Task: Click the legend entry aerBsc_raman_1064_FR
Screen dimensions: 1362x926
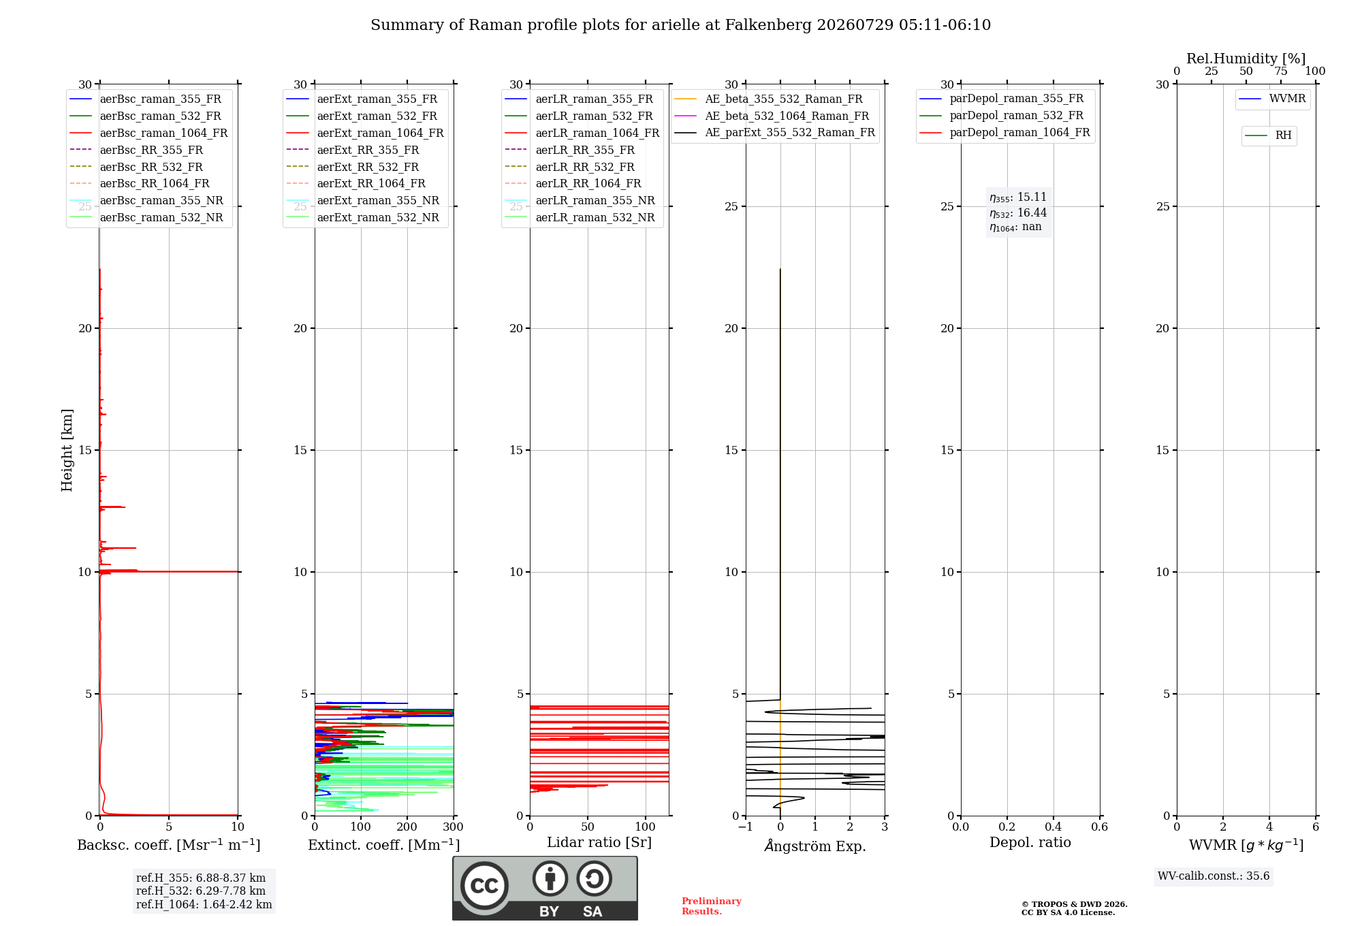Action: [149, 133]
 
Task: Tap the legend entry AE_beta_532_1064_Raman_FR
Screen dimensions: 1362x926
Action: [772, 116]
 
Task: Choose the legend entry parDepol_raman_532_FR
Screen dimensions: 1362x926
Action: [1002, 115]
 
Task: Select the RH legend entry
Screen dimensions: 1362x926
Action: [1269, 135]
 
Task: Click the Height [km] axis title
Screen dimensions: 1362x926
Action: [67, 450]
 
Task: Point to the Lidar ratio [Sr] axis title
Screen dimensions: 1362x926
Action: [599, 842]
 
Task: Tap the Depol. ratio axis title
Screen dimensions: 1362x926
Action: [1030, 842]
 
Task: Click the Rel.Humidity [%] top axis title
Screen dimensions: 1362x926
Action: [1246, 59]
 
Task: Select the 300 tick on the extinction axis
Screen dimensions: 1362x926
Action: [454, 827]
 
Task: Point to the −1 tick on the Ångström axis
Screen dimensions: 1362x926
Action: [745, 827]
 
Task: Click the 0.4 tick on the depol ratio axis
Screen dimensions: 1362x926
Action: [1054, 827]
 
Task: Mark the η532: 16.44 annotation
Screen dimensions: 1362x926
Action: [1018, 212]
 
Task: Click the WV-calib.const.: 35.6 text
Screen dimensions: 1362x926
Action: [1214, 876]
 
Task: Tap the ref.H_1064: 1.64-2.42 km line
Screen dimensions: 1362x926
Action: [204, 904]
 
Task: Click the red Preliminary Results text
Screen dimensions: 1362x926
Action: [712, 906]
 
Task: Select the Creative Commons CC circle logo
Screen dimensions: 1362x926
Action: [484, 886]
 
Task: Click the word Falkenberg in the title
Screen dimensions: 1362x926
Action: [768, 25]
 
